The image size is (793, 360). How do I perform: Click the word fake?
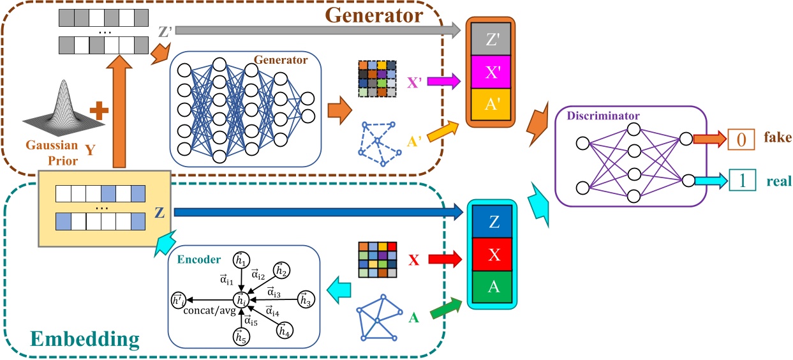pyautogui.click(x=776, y=138)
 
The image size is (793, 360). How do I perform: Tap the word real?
pyautogui.click(x=778, y=181)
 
